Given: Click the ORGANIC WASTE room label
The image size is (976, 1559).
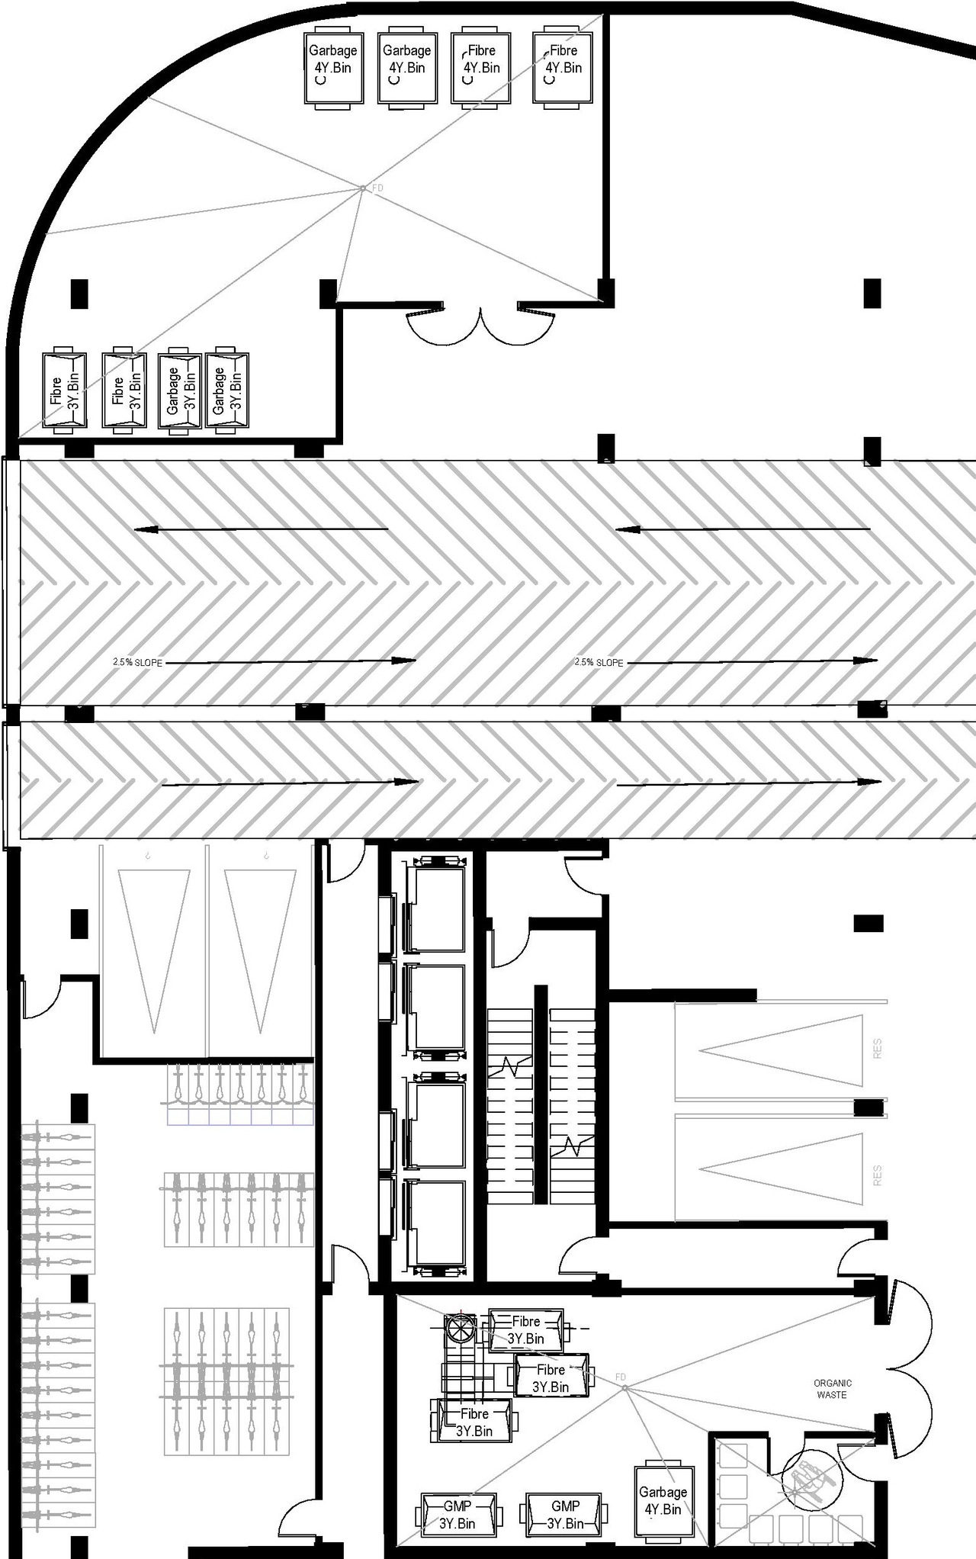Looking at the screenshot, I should (x=832, y=1388).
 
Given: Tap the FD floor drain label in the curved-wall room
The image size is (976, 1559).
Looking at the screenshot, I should (x=377, y=188).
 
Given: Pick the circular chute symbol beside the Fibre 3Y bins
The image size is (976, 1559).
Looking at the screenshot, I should (x=461, y=1329).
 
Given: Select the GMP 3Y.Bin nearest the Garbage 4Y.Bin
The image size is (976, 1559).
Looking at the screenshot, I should (x=565, y=1515).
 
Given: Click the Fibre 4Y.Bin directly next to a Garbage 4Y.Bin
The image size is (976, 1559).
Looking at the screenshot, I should (x=481, y=67).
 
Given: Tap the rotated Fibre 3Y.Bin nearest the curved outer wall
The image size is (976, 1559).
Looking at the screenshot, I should (x=64, y=390).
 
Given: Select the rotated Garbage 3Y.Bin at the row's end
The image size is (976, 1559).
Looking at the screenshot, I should (x=228, y=390).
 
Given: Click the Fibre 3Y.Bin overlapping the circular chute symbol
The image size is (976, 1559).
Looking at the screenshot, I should (x=525, y=1329).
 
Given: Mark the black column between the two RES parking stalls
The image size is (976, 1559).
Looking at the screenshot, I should (x=868, y=1107).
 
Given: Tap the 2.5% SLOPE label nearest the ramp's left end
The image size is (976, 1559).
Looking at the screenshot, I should (x=137, y=663).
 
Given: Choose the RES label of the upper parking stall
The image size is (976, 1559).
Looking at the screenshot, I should (x=877, y=1048).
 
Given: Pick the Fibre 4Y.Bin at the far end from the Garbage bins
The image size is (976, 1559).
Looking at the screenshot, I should (x=563, y=67).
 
